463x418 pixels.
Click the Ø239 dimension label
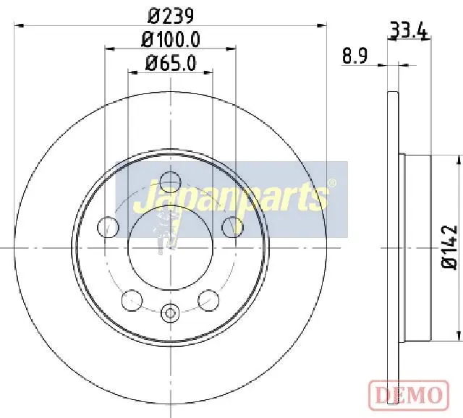tap(171, 16)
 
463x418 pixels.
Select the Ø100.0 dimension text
tap(171, 40)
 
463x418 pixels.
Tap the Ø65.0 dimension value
tap(171, 63)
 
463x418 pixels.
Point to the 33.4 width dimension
tap(409, 30)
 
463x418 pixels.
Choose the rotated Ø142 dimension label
tap(450, 247)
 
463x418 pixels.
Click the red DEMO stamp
tap(409, 396)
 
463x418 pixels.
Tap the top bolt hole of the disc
tap(170, 182)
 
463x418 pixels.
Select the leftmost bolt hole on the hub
tap(108, 227)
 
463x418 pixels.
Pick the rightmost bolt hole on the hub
tap(233, 227)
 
